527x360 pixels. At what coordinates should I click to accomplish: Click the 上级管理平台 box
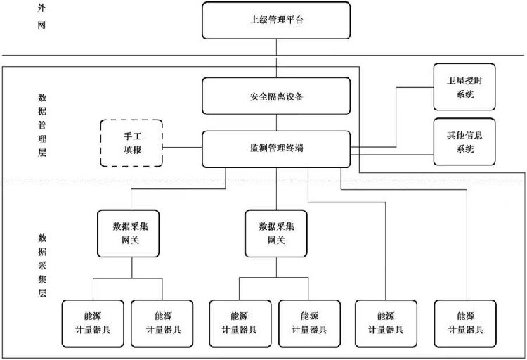tap(276, 20)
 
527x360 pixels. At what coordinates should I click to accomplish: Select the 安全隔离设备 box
tap(276, 96)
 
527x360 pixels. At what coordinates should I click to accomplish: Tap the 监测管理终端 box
tap(276, 148)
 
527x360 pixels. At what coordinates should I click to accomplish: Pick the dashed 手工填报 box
tap(131, 143)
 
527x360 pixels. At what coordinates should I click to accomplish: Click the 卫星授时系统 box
tap(460, 86)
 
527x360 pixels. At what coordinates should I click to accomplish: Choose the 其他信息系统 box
tap(460, 141)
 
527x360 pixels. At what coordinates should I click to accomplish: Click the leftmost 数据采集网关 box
tap(131, 233)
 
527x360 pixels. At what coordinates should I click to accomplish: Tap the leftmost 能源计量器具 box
tap(93, 322)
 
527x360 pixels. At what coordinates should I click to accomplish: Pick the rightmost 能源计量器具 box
tap(465, 322)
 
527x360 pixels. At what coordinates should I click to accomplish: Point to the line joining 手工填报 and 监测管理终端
tap(183, 148)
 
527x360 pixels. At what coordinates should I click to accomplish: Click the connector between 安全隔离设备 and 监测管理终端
tap(276, 122)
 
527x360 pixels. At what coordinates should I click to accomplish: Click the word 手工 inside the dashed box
tap(131, 136)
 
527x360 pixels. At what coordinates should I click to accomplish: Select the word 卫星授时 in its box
tap(460, 79)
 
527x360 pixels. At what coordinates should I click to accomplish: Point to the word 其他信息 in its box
tap(460, 134)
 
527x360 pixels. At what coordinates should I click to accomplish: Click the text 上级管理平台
tap(276, 20)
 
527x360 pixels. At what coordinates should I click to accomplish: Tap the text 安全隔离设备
tap(276, 96)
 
